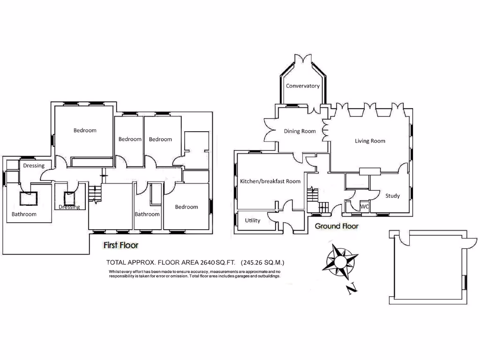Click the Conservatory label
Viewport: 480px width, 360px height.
pyautogui.click(x=303, y=86)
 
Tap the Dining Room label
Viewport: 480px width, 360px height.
pyautogui.click(x=300, y=131)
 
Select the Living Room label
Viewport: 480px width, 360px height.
pyautogui.click(x=370, y=141)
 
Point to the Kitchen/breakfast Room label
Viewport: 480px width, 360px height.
pyautogui.click(x=270, y=181)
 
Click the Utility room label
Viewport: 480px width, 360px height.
pyautogui.click(x=253, y=220)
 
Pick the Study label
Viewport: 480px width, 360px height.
pyautogui.click(x=393, y=195)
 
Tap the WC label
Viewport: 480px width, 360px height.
pyautogui.click(x=365, y=206)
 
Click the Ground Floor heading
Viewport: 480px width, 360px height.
pyautogui.click(x=337, y=226)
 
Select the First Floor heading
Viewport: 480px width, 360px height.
pyautogui.click(x=121, y=245)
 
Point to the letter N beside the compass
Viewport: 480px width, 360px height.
pyautogui.click(x=351, y=290)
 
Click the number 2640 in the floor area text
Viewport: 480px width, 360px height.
pyautogui.click(x=210, y=262)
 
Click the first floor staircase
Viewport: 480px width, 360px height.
pyautogui.click(x=95, y=194)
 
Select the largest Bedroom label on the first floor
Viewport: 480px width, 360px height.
pyautogui.click(x=85, y=130)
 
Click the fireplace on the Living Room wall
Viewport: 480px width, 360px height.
pyautogui.click(x=370, y=171)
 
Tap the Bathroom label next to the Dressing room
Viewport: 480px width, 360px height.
pyautogui.click(x=24, y=214)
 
